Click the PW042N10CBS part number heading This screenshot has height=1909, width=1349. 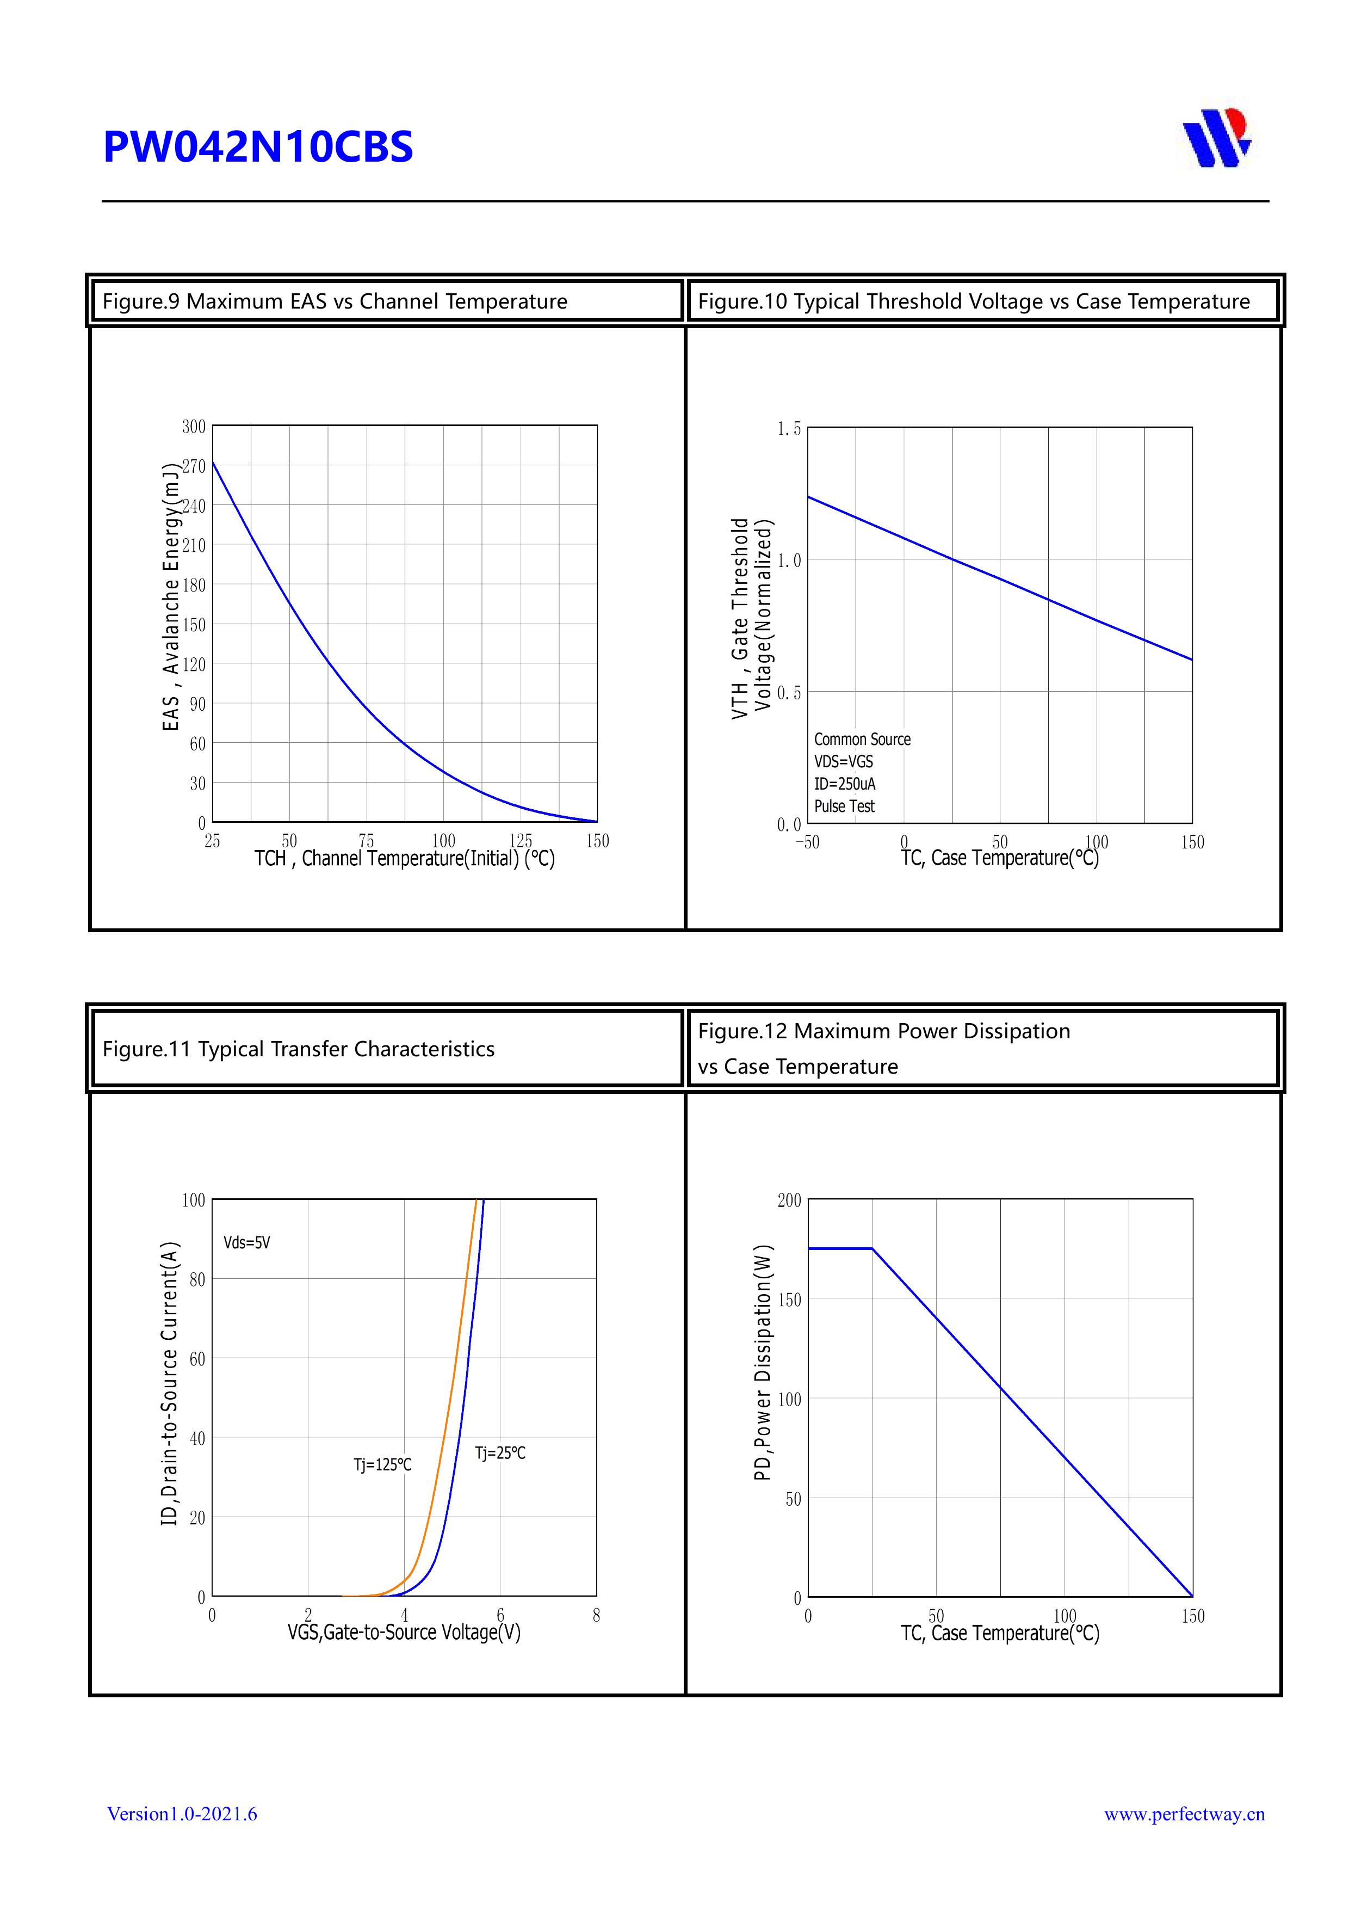coord(258,147)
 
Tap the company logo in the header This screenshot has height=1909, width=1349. coord(1217,138)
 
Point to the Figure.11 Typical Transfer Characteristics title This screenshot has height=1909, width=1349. coord(299,1049)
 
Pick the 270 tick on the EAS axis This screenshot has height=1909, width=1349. coord(194,466)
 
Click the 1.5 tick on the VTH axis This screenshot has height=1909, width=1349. coord(789,429)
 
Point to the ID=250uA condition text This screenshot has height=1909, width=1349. coord(844,784)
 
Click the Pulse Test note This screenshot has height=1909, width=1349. coord(844,806)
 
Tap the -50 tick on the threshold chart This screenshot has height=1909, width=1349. coord(807,842)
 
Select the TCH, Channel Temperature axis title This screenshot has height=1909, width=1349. coord(404,859)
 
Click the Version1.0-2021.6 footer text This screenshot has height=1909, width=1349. coord(182,1814)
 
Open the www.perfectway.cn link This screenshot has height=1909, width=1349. coord(1184,1814)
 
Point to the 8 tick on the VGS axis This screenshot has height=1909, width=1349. coord(596,1616)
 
